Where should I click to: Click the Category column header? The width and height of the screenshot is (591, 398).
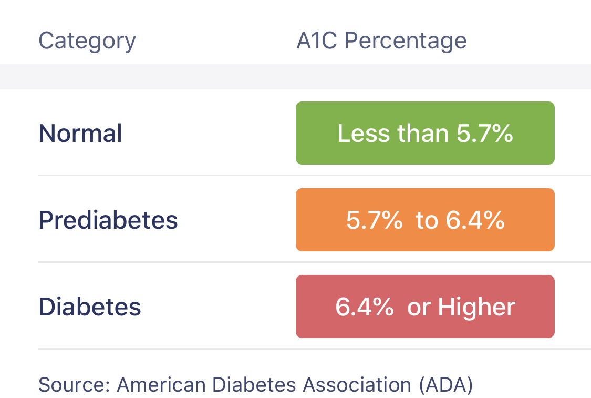point(87,41)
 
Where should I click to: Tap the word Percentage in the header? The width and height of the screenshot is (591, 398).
point(406,41)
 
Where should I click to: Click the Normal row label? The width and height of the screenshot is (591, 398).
point(80,134)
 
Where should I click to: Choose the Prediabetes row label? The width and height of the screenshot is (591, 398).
point(108,220)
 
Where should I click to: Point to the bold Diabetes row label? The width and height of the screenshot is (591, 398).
point(90,307)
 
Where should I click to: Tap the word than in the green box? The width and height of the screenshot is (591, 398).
point(423,134)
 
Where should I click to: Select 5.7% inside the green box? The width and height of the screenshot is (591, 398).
point(484,134)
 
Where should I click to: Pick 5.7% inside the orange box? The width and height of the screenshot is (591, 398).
point(374,220)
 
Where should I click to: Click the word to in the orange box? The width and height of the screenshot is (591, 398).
point(427,220)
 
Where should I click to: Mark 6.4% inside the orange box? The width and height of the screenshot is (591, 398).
point(475,220)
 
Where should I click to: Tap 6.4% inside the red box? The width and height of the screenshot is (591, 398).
point(364,307)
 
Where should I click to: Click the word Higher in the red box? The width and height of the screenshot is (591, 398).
point(476,307)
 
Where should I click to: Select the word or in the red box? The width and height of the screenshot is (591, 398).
point(419,307)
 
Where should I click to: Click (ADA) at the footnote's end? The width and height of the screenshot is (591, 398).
point(446,385)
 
